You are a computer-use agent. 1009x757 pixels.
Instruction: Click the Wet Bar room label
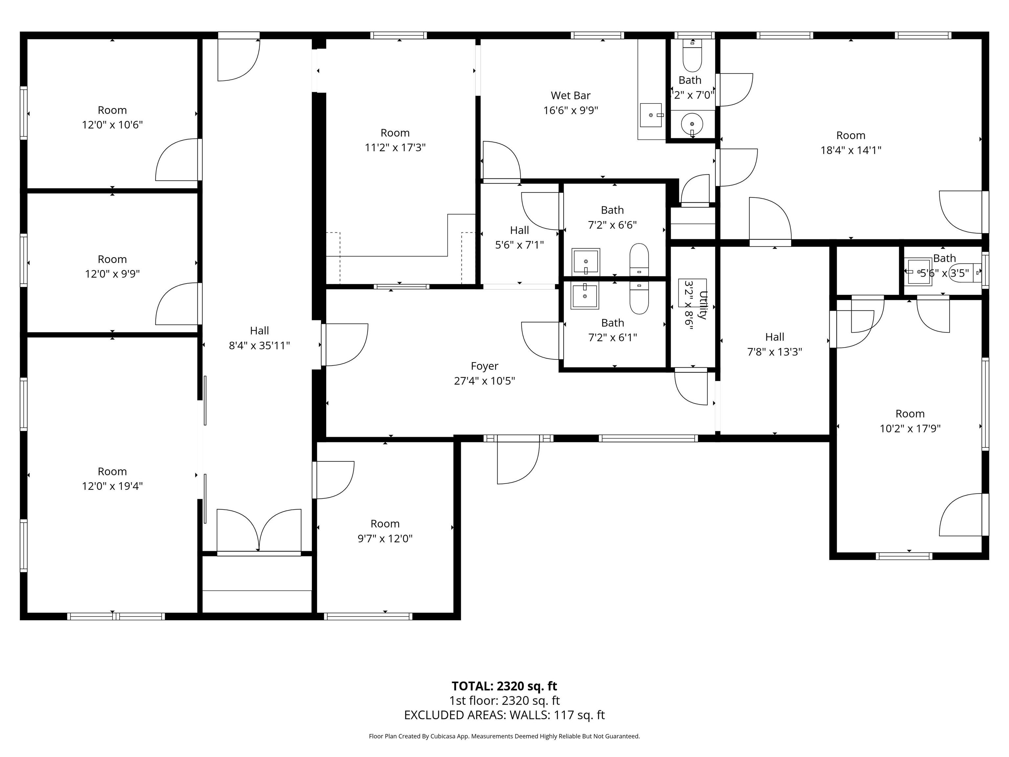570,95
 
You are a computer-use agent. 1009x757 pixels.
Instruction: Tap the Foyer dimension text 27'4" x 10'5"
484,380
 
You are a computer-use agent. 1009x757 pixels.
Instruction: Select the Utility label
703,305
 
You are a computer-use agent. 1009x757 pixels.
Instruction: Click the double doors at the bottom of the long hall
258,531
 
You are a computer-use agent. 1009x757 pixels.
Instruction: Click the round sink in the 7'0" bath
692,124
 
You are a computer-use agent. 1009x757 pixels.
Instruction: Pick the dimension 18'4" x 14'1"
850,150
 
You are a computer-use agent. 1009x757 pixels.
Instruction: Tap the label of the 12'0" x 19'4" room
112,471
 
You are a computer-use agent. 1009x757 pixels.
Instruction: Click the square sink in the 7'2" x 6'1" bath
584,296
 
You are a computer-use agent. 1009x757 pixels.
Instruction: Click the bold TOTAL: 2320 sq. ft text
504,686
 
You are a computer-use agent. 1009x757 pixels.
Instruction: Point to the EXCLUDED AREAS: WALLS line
504,715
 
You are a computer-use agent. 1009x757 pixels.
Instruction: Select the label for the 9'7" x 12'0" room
385,523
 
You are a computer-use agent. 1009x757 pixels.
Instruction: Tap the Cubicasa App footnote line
504,736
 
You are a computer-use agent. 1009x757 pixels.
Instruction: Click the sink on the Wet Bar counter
651,115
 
